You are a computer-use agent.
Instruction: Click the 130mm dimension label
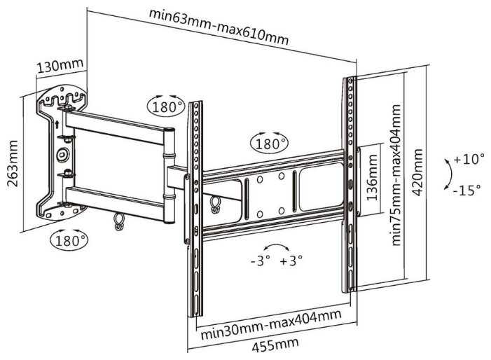click(60, 67)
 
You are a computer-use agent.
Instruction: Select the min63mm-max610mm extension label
click(218, 26)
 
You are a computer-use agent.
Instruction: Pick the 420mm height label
click(418, 181)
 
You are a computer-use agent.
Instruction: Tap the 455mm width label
click(273, 344)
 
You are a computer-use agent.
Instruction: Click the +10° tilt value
click(468, 160)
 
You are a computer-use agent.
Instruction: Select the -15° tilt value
click(468, 190)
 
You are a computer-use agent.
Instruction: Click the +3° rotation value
click(291, 261)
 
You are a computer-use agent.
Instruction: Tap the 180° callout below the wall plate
click(69, 240)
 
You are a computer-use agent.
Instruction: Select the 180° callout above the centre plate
click(269, 144)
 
